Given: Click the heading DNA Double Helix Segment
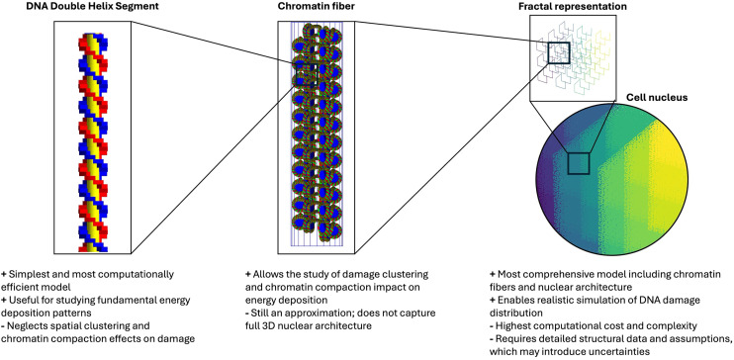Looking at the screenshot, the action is click(93, 8).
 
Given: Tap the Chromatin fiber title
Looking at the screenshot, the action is click(310, 8).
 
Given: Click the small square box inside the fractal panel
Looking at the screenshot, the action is click(559, 52).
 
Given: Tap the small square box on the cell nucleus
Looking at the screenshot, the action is click(578, 163).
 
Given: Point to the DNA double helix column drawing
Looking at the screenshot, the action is click(93, 141).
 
